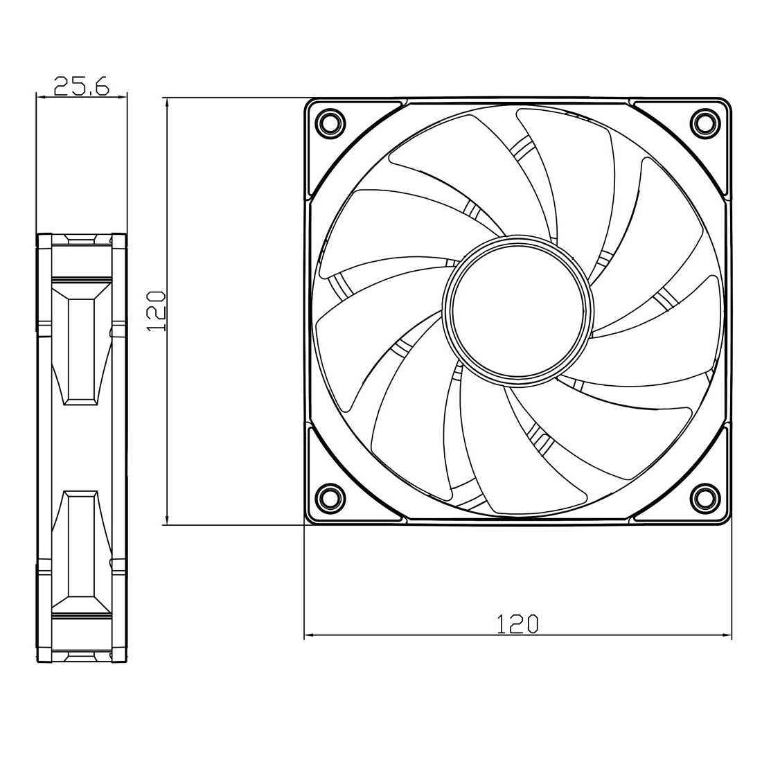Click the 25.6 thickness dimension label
(82, 85)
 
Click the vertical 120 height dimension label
(157, 312)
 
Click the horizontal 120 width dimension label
(517, 624)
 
